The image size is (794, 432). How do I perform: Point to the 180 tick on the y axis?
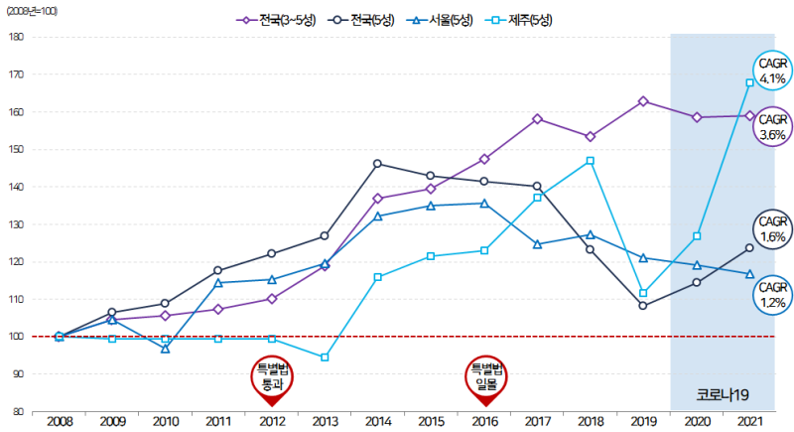[16, 37]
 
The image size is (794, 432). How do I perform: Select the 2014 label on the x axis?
[378, 422]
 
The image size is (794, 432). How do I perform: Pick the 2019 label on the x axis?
[643, 422]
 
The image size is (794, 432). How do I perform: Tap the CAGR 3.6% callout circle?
[771, 127]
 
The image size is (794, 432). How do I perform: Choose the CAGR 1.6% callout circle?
[771, 230]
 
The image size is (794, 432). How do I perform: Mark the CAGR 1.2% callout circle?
[771, 295]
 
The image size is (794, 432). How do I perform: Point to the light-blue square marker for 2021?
[750, 82]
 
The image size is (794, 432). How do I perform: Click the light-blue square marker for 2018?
[591, 161]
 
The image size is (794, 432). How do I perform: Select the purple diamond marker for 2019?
[643, 101]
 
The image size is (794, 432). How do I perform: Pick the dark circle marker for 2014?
[378, 164]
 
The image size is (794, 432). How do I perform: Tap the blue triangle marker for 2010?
[165, 349]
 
